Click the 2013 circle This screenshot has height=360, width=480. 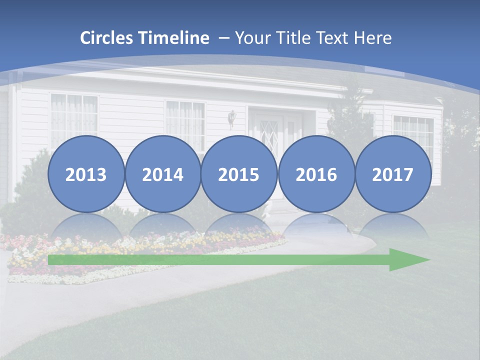pos(86,174)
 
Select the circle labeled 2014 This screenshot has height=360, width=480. pos(163,174)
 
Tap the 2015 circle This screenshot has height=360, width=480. pos(239,174)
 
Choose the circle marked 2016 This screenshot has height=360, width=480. pos(316,174)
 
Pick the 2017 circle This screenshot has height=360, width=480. pos(393,174)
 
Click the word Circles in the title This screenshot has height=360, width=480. pos(107,38)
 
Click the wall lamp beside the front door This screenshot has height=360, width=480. pos(231,117)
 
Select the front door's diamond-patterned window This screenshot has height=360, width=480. pos(269,131)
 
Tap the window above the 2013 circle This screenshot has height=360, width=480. pos(73,115)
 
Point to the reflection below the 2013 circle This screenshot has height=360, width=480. pos(86,225)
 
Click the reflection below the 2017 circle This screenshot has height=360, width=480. pos(393,225)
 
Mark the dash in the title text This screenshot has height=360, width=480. pos(222,38)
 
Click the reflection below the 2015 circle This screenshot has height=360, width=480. pos(239,225)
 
